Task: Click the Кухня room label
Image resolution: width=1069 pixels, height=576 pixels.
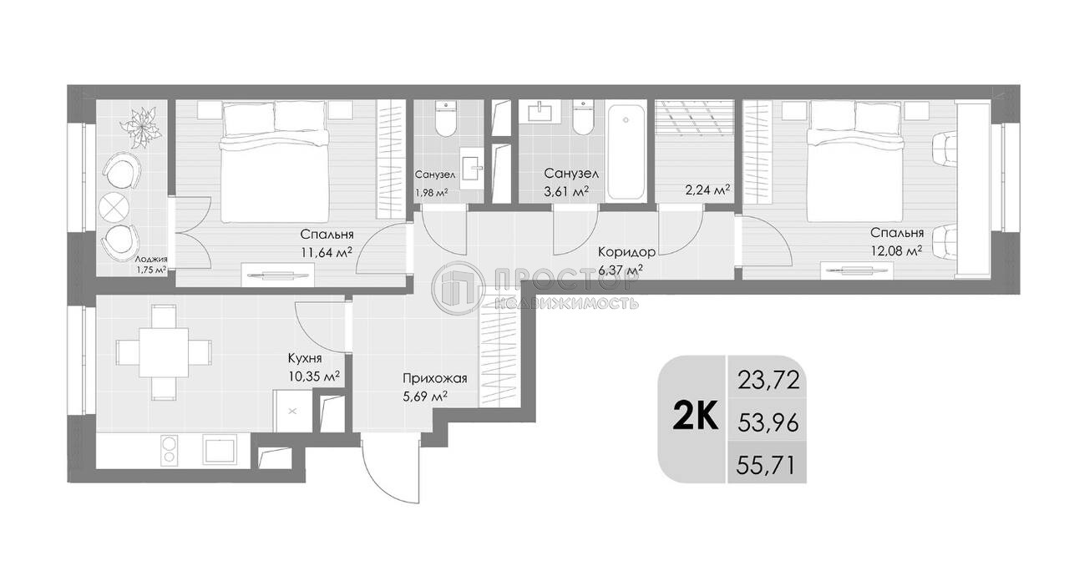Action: click(305, 359)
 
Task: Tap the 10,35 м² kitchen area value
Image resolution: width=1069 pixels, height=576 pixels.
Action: click(313, 377)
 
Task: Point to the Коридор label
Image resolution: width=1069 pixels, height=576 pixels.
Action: click(626, 251)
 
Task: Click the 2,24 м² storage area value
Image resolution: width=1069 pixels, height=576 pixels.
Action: click(707, 189)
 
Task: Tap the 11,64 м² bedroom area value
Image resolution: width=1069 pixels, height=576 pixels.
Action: click(324, 251)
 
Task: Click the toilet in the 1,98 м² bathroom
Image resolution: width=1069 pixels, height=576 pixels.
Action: click(446, 121)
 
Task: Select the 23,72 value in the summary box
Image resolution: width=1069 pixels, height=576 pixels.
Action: click(768, 381)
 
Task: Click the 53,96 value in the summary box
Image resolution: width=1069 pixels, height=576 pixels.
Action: click(768, 423)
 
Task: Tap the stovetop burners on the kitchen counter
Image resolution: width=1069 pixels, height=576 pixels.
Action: click(170, 451)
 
